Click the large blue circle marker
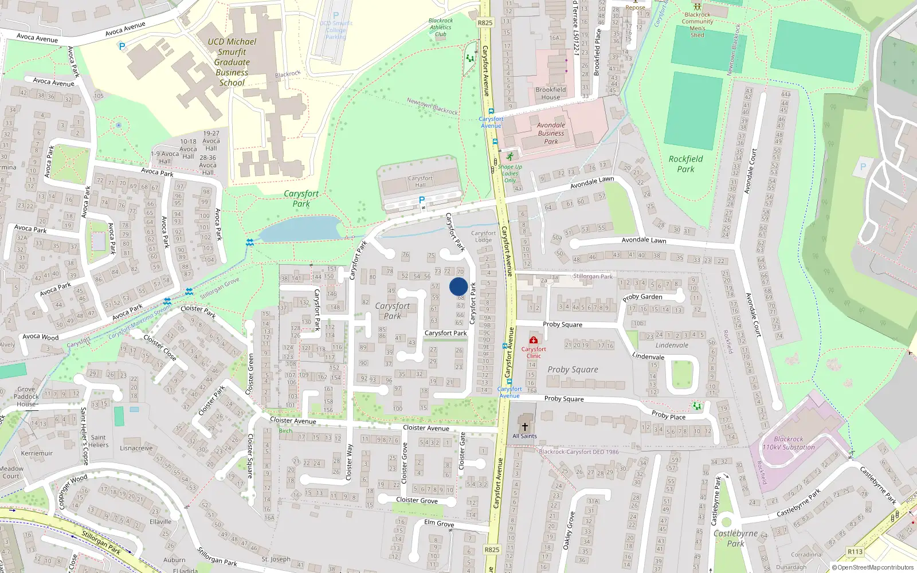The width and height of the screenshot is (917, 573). coord(458,286)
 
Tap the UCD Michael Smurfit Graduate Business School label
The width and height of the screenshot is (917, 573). coord(232,62)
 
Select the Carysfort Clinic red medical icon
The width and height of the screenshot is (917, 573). coord(534,340)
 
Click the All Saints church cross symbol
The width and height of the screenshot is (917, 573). coord(524,427)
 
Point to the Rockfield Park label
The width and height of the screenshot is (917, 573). coord(685,164)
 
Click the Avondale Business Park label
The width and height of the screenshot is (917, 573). coord(551,133)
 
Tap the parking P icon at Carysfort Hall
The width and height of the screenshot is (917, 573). coord(422,199)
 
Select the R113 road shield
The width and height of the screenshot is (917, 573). coord(855,552)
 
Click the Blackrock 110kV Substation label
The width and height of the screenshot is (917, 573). coord(789,443)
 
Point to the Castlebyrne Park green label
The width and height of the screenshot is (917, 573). coord(736,538)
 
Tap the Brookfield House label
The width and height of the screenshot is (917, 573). coord(551,93)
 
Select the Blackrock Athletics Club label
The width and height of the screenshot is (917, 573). coord(440,28)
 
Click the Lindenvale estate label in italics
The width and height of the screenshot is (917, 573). coord(672,346)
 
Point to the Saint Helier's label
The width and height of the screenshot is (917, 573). coord(99,441)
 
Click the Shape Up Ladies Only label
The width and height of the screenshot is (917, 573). coord(510,174)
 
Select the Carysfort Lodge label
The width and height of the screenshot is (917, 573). coord(483,237)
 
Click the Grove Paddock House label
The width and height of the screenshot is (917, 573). coord(26,397)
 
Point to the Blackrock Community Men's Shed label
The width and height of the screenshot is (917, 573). coord(697,25)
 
